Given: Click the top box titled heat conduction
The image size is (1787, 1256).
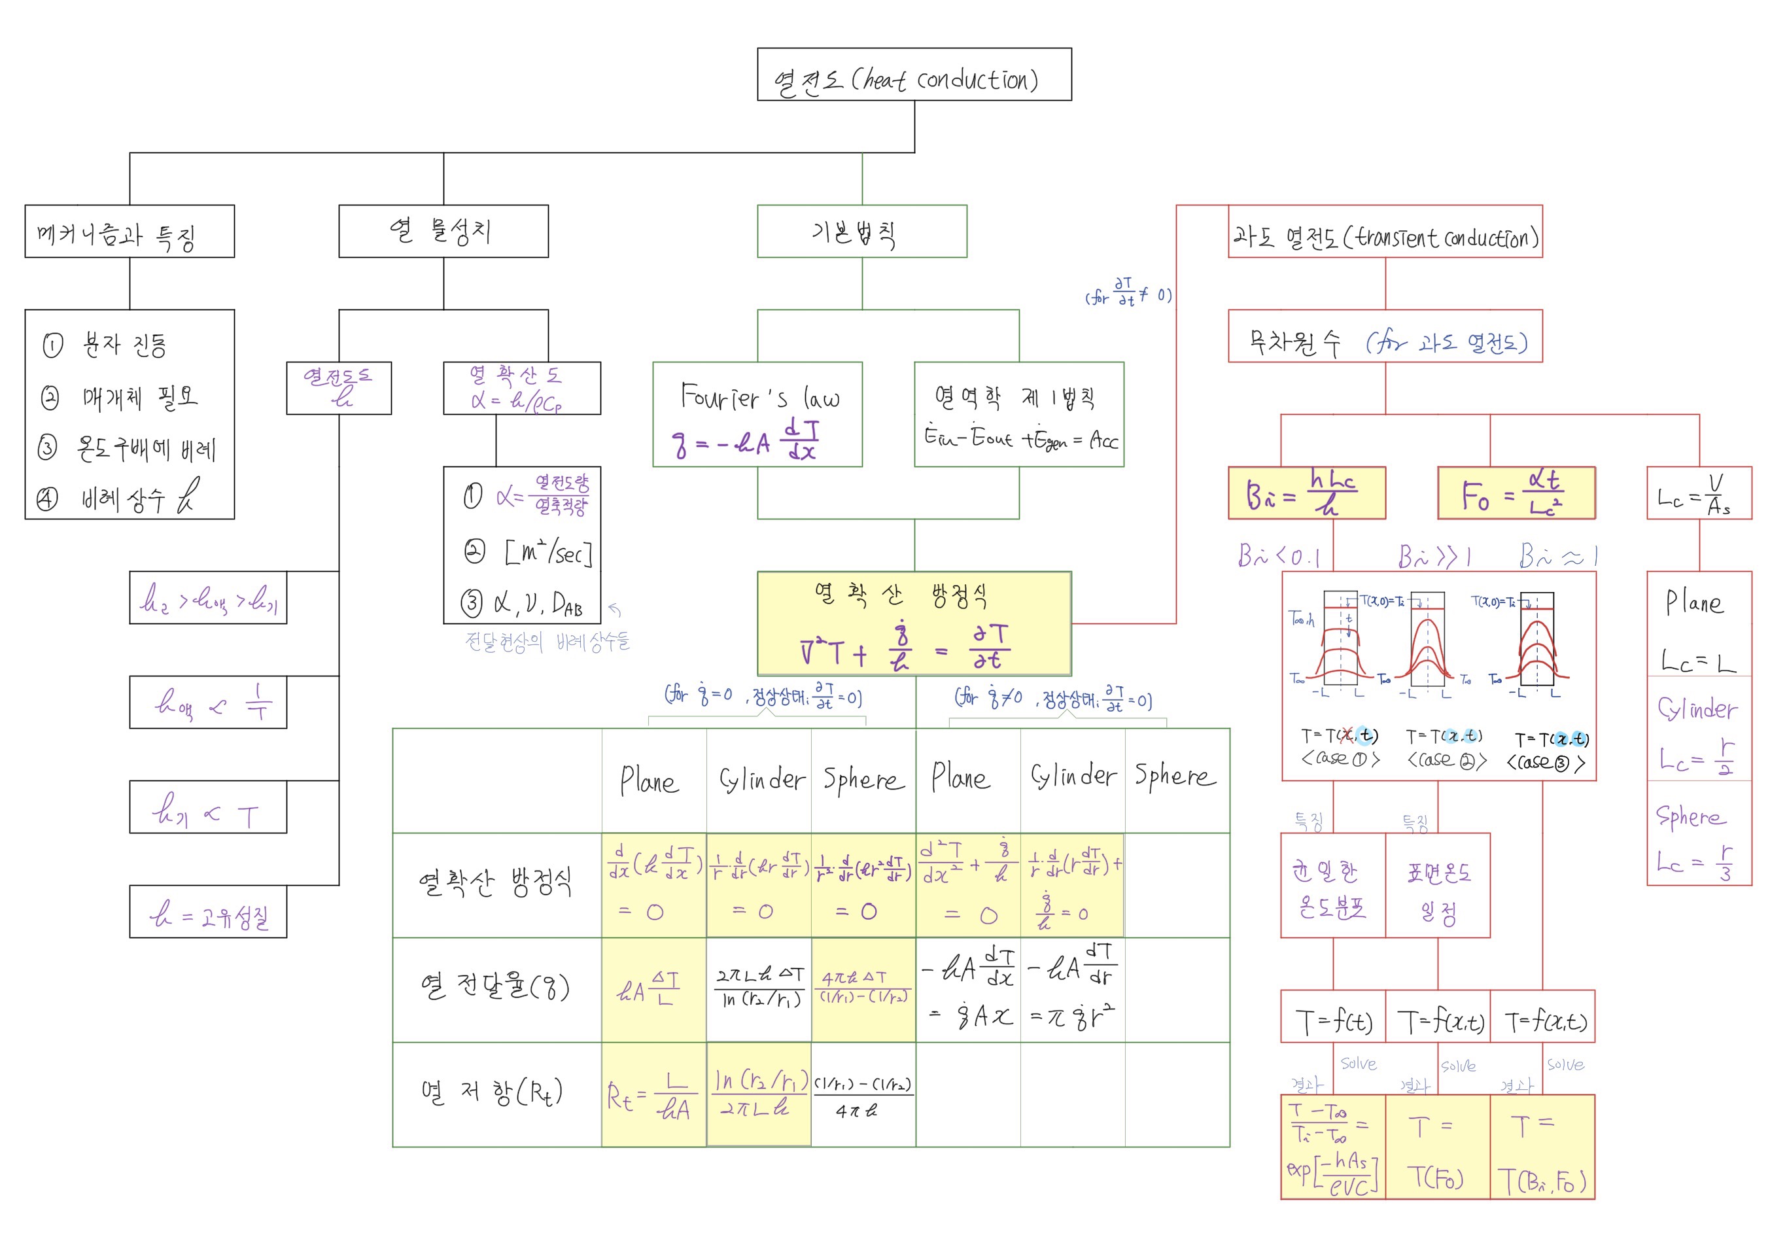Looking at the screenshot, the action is (914, 75).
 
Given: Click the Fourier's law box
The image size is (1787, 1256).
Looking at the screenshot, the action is (757, 414).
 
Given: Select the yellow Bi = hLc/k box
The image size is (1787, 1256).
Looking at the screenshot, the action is (1306, 493).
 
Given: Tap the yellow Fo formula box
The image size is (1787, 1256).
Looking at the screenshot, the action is (1516, 493).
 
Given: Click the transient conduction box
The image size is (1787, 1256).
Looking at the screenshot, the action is (1385, 232).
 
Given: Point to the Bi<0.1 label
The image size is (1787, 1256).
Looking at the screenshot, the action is (1278, 557).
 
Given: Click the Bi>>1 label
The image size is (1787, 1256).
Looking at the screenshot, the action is (1433, 557).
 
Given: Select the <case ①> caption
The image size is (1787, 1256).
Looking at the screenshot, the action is (1340, 759).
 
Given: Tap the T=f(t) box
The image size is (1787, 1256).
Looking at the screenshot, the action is (1332, 1017).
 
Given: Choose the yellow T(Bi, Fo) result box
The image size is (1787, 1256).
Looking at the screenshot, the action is (1542, 1147).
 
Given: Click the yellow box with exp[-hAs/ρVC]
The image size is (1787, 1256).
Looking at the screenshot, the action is (1332, 1147).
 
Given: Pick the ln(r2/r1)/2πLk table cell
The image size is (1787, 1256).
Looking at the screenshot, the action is (758, 1095).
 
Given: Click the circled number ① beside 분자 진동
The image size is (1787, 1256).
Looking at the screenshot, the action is (52, 345).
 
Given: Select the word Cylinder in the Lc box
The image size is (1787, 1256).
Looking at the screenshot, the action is (1697, 709).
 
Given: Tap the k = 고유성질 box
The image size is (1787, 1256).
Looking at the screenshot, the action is (208, 912).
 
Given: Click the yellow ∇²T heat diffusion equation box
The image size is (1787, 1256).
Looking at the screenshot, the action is (914, 624).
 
